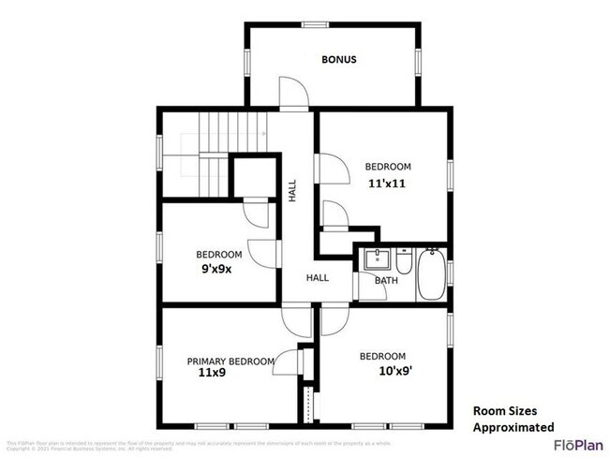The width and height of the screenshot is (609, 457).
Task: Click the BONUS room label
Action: (338, 60)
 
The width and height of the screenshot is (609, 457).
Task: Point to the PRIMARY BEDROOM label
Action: (230, 361)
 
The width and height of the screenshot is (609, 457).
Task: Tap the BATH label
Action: (386, 280)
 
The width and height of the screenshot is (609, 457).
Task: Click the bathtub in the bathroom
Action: (431, 273)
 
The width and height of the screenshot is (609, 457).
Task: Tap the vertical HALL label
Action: (292, 191)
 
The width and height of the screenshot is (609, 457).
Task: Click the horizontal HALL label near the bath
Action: (317, 277)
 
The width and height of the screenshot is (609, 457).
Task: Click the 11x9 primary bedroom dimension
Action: (212, 373)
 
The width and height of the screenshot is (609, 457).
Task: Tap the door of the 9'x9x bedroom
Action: (264, 249)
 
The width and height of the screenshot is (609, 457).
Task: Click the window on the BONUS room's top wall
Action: (314, 23)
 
